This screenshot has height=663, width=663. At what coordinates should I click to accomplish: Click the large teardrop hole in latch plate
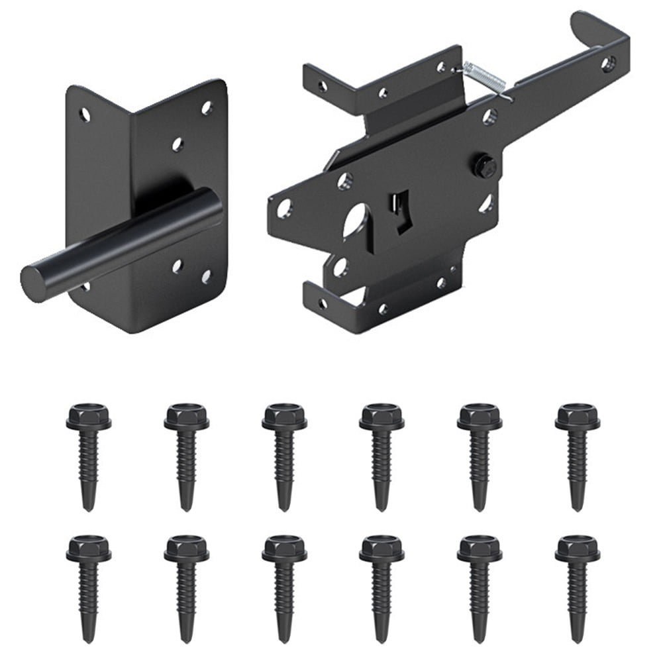coord(358,225)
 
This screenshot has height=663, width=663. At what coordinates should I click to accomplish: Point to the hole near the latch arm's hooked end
coord(608,64)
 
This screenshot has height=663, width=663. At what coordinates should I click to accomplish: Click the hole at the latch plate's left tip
coord(283,208)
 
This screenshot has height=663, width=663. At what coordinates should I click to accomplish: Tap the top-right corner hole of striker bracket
coord(207,106)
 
